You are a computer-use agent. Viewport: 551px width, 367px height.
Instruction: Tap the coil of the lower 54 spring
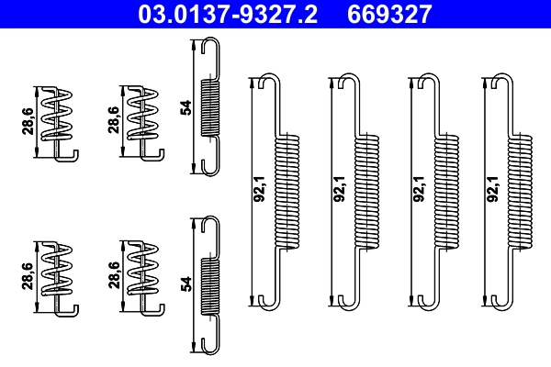click(x=210, y=285)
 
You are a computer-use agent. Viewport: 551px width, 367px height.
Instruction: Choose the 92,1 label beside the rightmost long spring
click(x=494, y=188)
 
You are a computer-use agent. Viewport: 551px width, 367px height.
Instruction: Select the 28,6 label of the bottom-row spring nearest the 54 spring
click(x=113, y=275)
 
